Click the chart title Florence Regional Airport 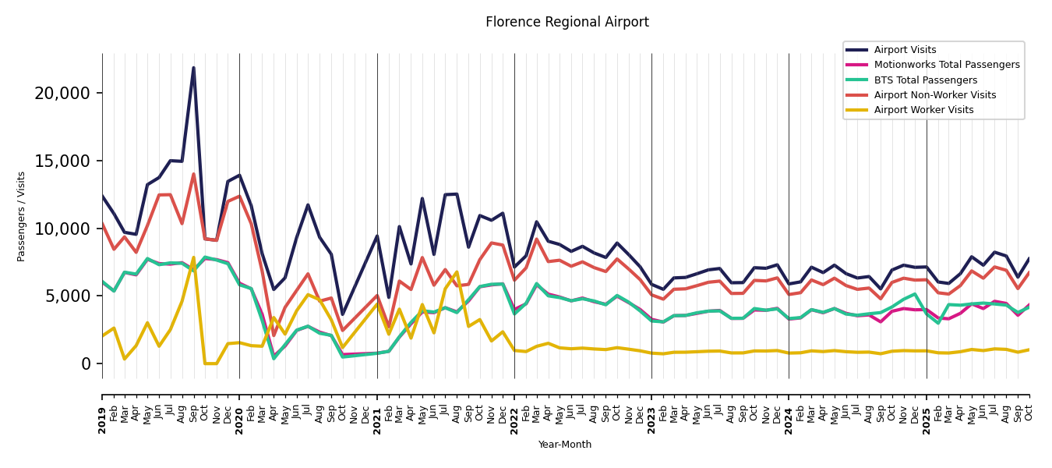coord(567,23)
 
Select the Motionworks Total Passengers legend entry coord(946,65)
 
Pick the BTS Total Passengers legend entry coord(925,80)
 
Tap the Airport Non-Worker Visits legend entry coord(934,95)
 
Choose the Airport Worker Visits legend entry coord(923,110)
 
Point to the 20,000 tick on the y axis coord(62,94)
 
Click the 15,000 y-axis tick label coord(62,161)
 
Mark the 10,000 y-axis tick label coord(62,229)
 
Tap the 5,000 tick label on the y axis coord(67,296)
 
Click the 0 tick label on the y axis coord(86,364)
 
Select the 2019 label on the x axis coord(102,410)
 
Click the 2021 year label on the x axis coord(377,410)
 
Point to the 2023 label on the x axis coord(651,410)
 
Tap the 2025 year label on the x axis coord(927,410)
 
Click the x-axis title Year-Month coord(565,445)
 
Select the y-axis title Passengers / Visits coord(22,216)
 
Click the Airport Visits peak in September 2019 coord(193,68)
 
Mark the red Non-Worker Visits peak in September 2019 coord(193,174)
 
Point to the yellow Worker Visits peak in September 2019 coord(193,257)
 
